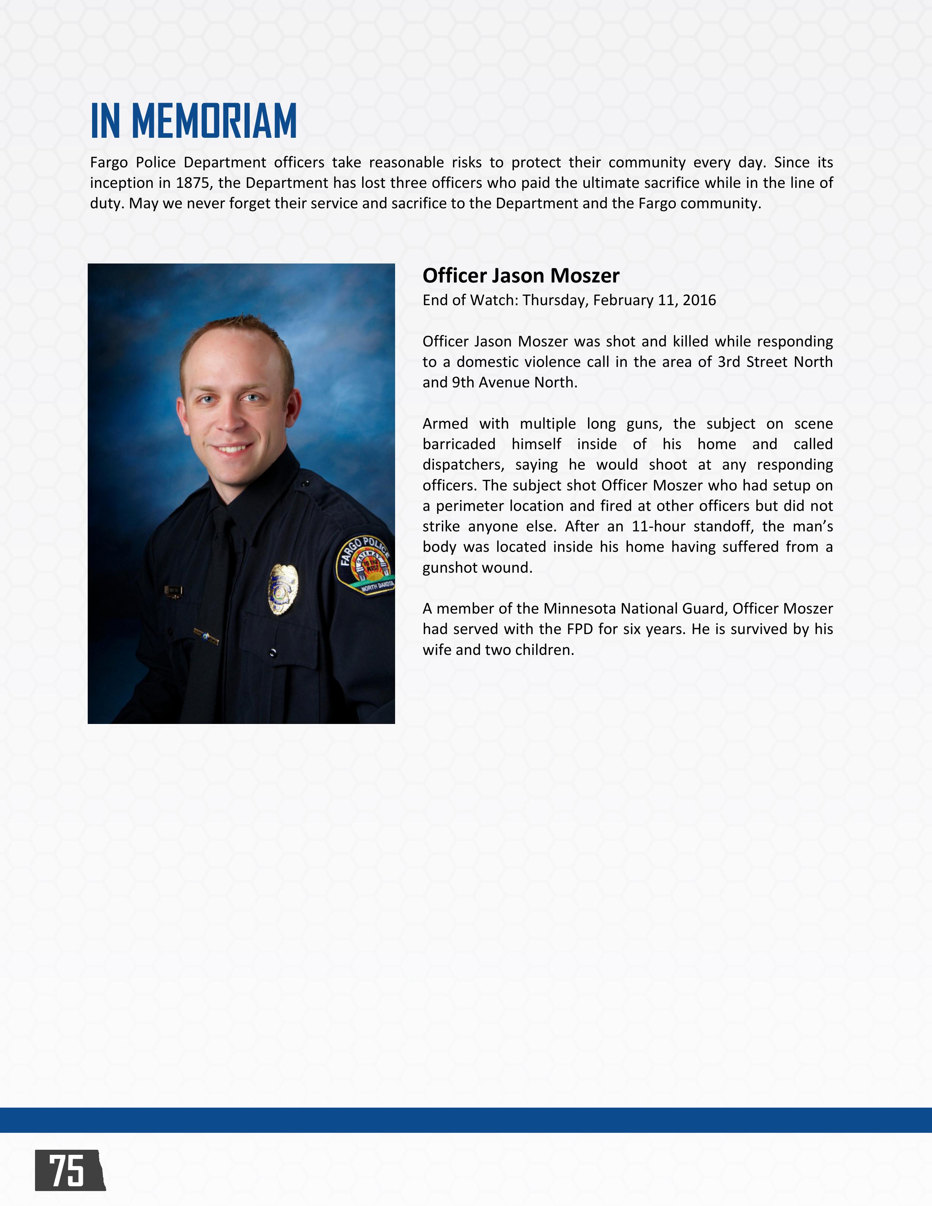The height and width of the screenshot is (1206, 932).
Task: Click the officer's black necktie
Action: point(213,607)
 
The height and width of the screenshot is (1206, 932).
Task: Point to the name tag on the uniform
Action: point(173,591)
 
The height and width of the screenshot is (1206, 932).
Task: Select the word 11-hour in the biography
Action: point(658,526)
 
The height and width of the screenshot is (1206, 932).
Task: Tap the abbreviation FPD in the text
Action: point(580,629)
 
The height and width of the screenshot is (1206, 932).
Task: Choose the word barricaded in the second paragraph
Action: point(459,444)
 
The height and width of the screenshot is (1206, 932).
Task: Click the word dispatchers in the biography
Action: point(463,465)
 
